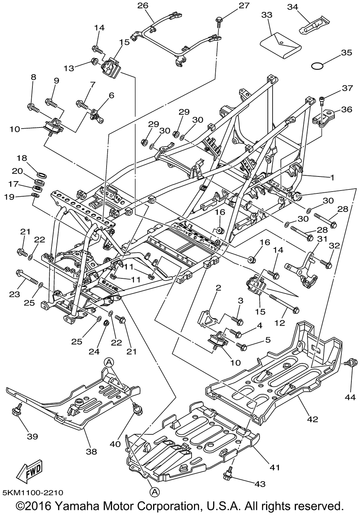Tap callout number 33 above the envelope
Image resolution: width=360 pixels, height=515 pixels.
point(267,15)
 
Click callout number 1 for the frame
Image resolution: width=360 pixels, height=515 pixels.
point(333,177)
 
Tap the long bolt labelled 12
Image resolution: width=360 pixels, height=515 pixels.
point(283,303)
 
